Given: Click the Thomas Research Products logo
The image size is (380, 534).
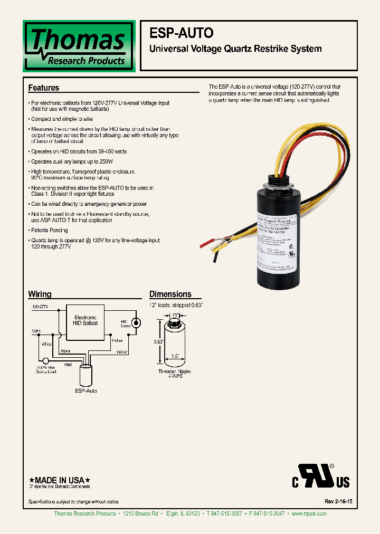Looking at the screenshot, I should (79, 46).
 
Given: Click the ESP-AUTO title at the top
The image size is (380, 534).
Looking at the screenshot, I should (182, 33).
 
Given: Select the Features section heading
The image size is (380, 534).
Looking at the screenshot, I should (43, 88).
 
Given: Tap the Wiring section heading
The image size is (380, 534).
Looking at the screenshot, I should (40, 294).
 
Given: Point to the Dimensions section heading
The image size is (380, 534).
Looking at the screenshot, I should (170, 294).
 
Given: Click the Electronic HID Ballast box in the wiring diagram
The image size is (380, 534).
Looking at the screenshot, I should (85, 320).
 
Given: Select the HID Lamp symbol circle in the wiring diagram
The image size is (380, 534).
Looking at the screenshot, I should (137, 322).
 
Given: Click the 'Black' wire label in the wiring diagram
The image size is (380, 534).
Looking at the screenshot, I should (66, 350).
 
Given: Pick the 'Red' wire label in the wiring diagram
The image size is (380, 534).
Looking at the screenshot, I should (68, 364).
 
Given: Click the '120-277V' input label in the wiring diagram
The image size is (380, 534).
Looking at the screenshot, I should (40, 306).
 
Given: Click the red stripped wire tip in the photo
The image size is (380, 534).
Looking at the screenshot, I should (204, 244).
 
